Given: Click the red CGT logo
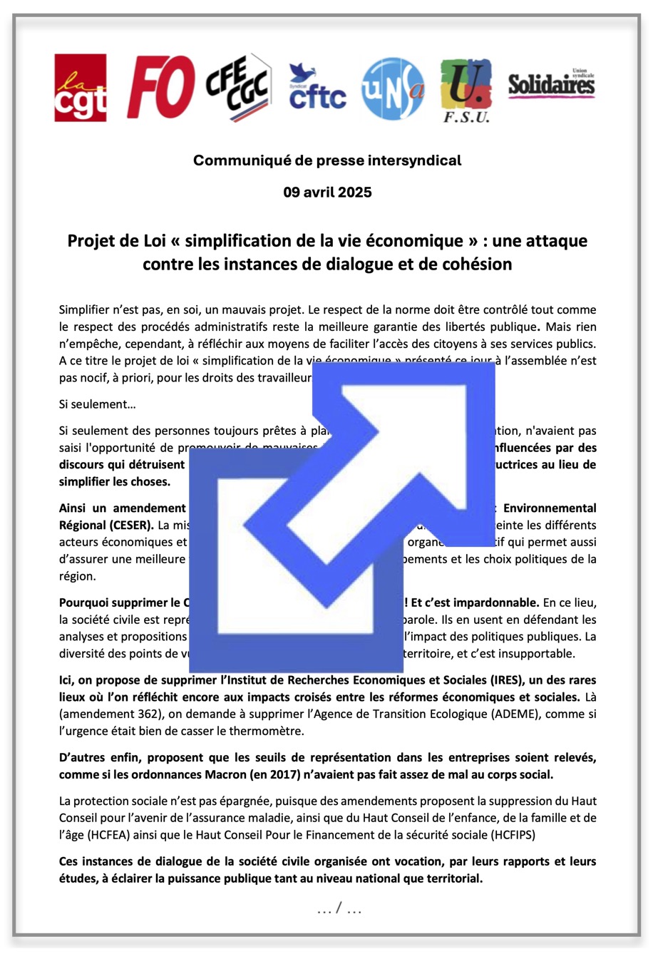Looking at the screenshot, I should pos(81,88).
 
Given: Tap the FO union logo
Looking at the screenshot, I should pos(160,87).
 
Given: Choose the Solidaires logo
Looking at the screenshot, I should pos(551,84).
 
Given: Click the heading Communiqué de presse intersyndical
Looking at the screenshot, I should pos(326,160).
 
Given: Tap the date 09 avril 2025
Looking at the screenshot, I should pos(326,193).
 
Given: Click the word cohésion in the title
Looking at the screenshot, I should pos(476,265).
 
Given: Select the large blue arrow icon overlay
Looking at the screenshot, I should pos(342,517).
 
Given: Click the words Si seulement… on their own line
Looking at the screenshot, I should pos(97,405).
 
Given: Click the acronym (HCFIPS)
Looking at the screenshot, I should pos(508,835).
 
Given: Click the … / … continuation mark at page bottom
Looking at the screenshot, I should pos(339,909).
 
